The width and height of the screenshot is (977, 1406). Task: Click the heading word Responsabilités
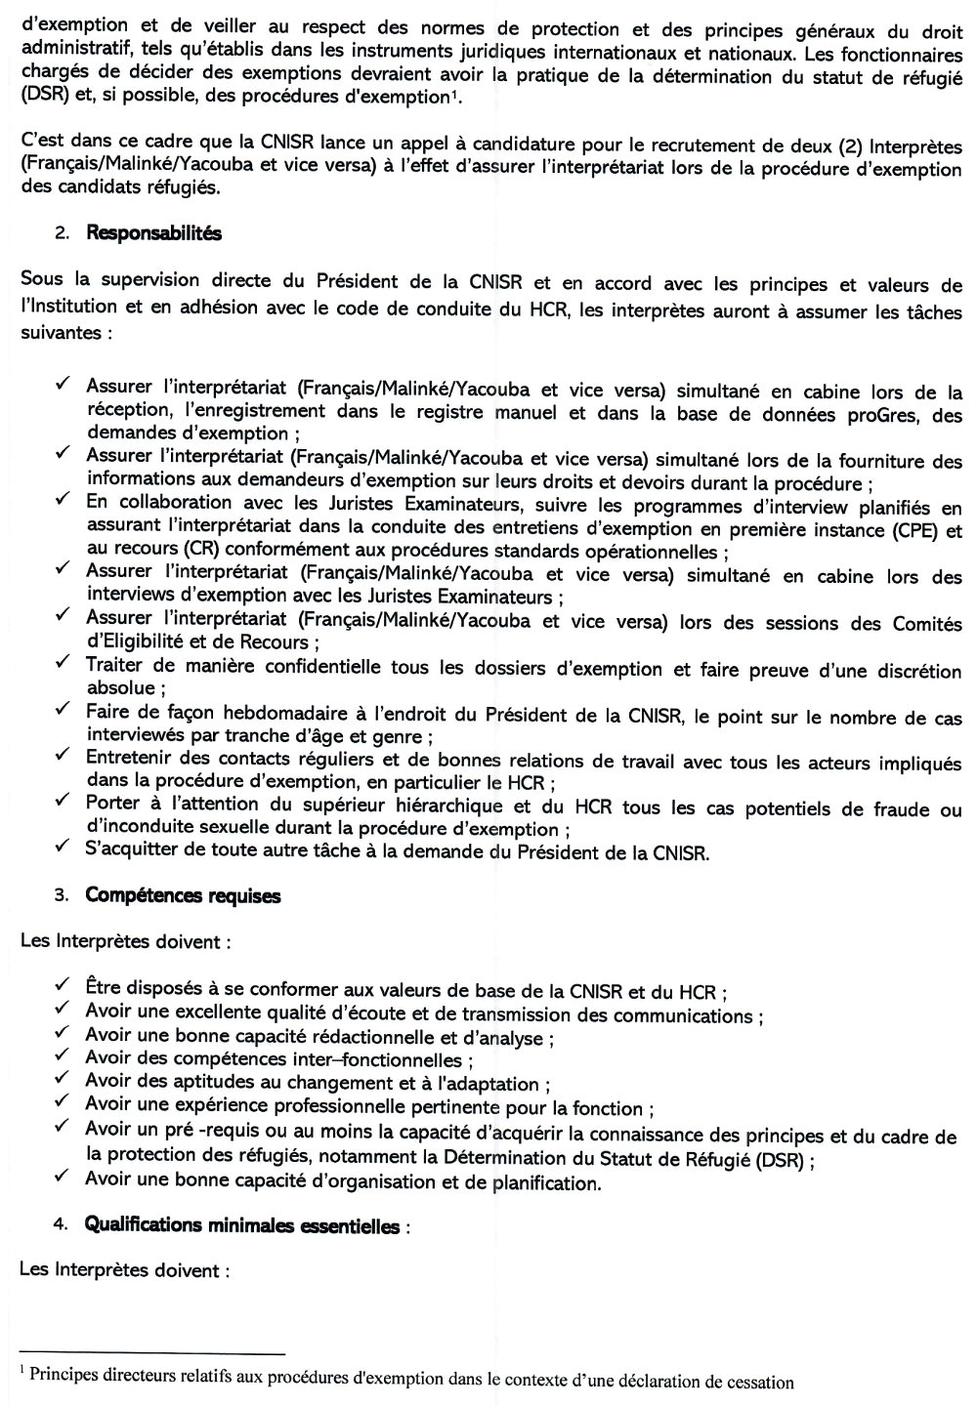point(153,233)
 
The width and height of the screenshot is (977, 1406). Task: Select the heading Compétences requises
point(183,895)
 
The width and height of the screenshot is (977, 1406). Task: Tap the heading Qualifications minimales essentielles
point(242,1225)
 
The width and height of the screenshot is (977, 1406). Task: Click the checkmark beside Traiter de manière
point(62,663)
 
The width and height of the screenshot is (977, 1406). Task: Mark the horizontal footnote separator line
point(151,1354)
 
